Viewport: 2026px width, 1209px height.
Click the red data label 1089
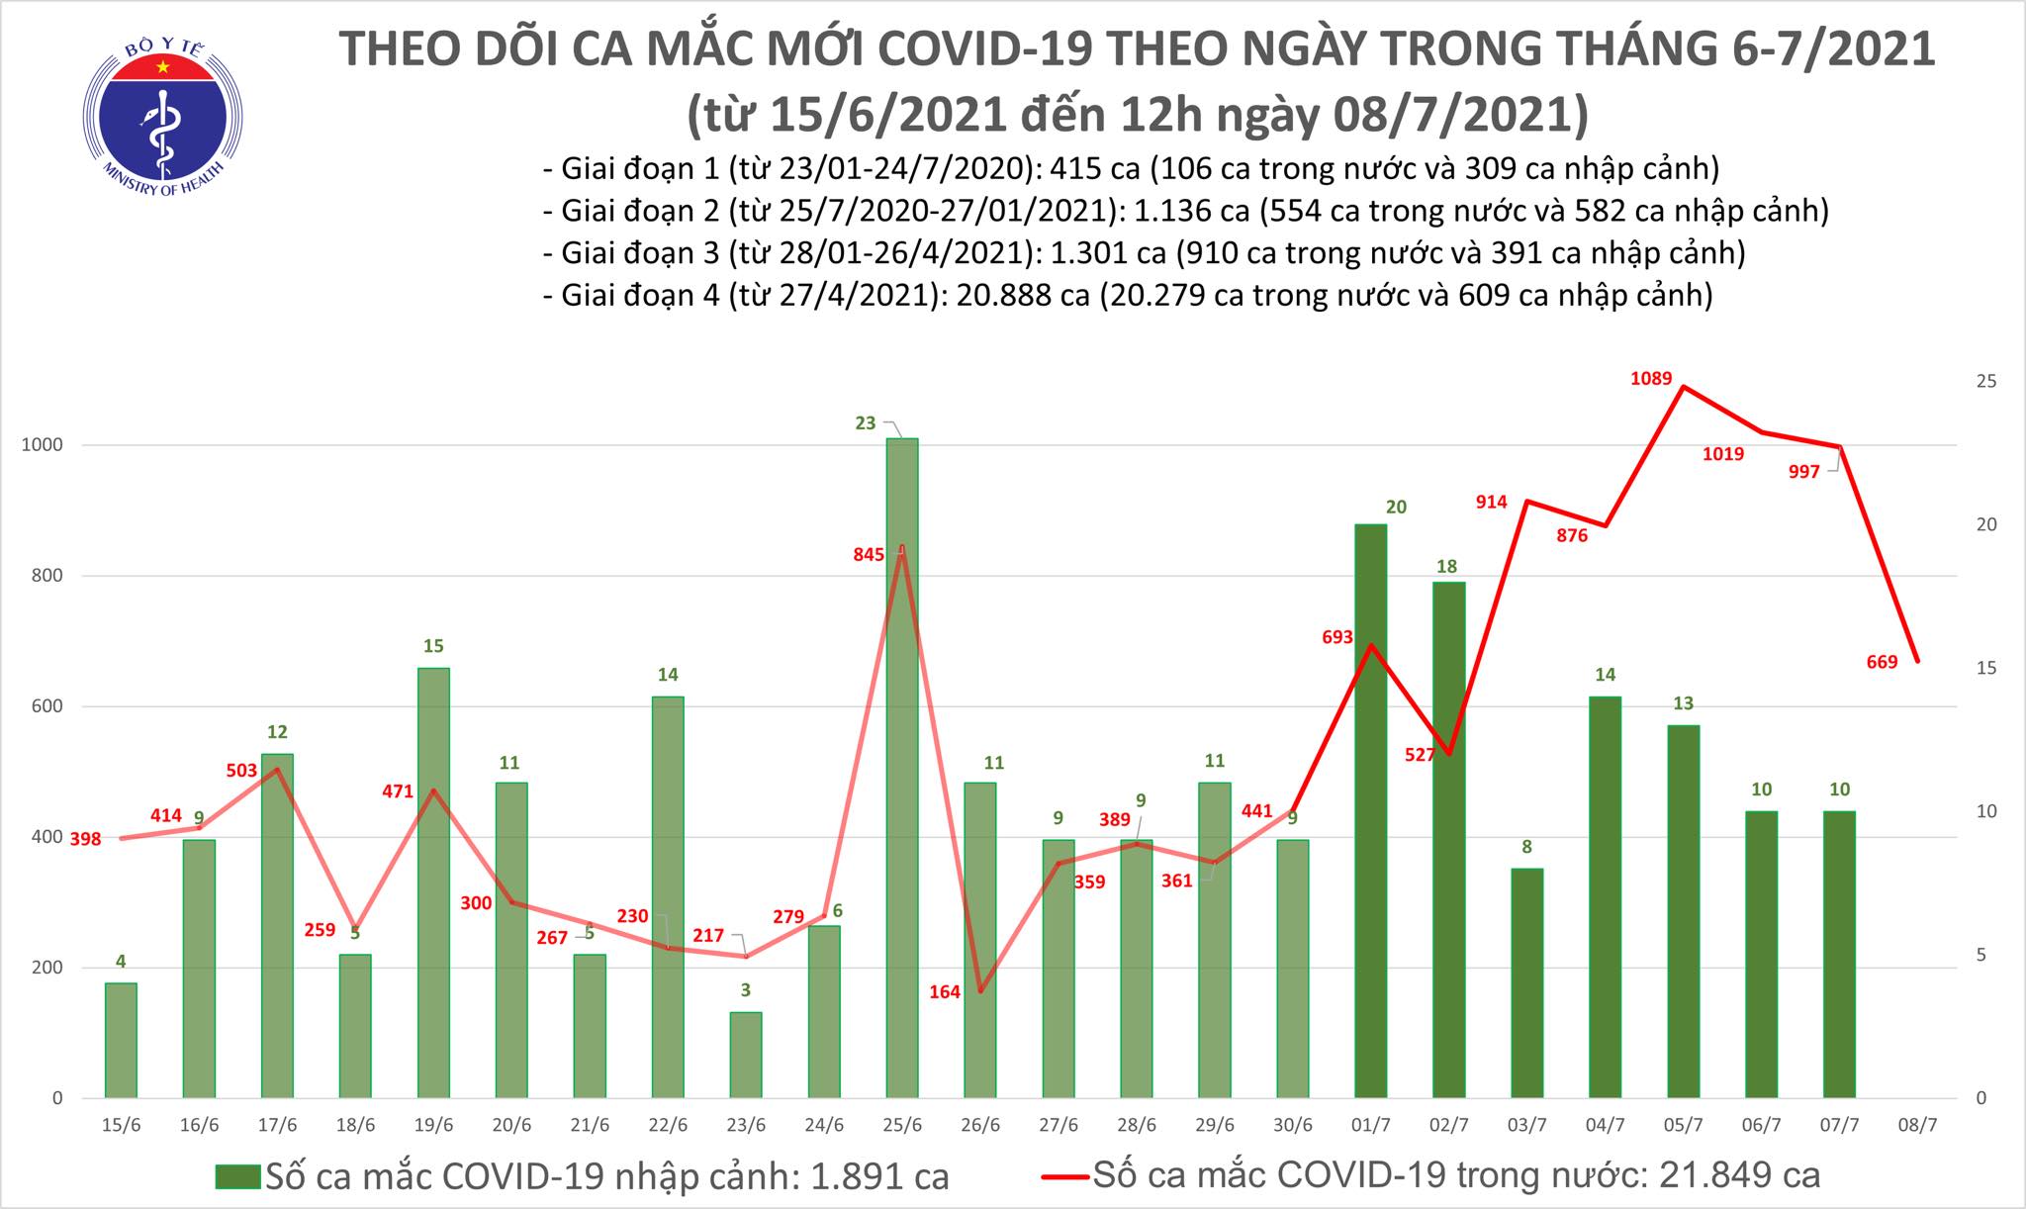pos(1651,378)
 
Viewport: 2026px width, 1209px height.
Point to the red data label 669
pos(1882,662)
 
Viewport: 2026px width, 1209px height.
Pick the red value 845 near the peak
pos(869,555)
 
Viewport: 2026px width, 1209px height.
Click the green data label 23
pos(866,423)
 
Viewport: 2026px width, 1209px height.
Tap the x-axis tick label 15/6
pos(121,1126)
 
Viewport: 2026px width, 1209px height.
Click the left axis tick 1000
pos(42,445)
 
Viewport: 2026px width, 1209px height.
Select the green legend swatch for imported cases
pos(237,1176)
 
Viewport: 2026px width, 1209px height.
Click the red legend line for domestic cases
pos(1065,1176)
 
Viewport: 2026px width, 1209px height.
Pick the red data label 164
pos(945,991)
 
